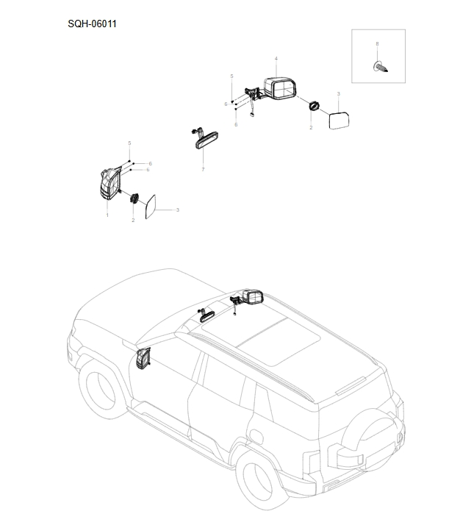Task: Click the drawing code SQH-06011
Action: pyautogui.click(x=92, y=24)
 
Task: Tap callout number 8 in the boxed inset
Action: pyautogui.click(x=378, y=44)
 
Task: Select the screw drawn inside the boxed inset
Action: pyautogui.click(x=381, y=67)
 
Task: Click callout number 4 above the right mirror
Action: pyautogui.click(x=276, y=58)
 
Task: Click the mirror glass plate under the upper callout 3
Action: pyautogui.click(x=339, y=119)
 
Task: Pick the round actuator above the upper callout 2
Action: pyautogui.click(x=314, y=107)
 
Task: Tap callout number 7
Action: pyautogui.click(x=203, y=170)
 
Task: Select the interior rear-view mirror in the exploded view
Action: pyautogui.click(x=203, y=139)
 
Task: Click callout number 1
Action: pyautogui.click(x=107, y=215)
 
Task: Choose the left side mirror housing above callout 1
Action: pyautogui.click(x=109, y=182)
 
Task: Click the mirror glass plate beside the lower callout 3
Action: pyautogui.click(x=152, y=207)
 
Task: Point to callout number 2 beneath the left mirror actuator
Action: pyautogui.click(x=133, y=220)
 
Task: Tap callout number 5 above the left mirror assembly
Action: pyautogui.click(x=129, y=143)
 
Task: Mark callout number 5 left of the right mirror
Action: pyautogui.click(x=231, y=76)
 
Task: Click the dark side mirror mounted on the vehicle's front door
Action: pyautogui.click(x=143, y=360)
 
